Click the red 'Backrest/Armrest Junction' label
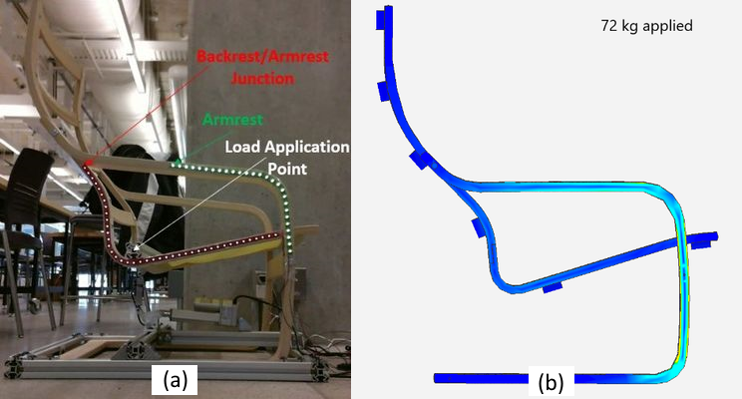coord(262,67)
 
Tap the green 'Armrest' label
coord(232,120)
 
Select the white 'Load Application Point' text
coord(287,158)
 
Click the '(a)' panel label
coord(176,379)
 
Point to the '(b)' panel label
coord(551,381)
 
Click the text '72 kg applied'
coord(646,26)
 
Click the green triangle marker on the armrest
coord(177,163)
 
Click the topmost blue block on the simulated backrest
coord(380,20)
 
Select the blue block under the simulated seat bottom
coord(553,287)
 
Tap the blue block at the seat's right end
coord(701,243)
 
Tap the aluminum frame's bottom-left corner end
coord(13,369)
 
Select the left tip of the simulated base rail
coord(436,378)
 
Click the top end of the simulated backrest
coord(389,8)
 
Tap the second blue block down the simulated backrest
coord(384,91)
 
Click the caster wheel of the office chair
coord(34,306)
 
